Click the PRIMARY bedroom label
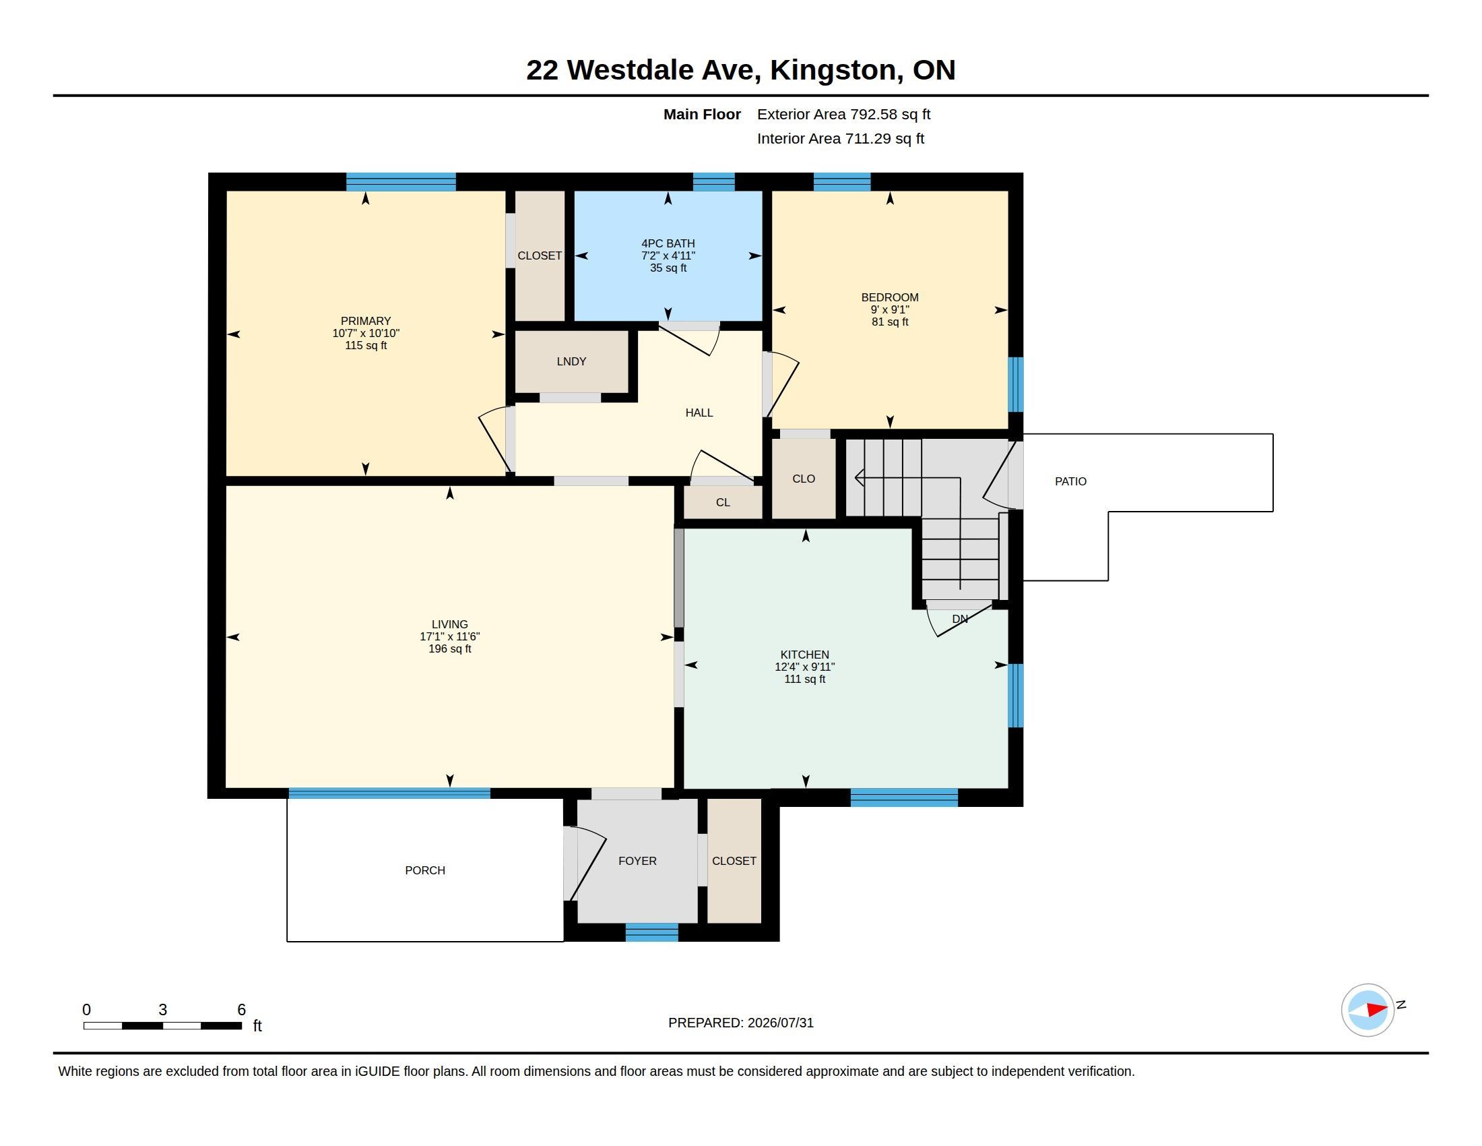366,321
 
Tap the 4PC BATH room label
668,244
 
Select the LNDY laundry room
571,361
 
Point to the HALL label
699,413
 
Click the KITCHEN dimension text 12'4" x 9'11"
805,667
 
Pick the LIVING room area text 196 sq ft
450,649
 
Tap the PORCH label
425,870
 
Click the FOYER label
637,861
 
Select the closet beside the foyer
734,861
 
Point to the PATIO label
1070,481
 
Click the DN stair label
959,619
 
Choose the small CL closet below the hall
723,502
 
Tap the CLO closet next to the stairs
804,479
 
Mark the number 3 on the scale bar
163,1010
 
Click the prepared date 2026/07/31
780,1023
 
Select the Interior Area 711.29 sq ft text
841,138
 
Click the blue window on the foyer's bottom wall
651,932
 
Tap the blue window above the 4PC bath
714,182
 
